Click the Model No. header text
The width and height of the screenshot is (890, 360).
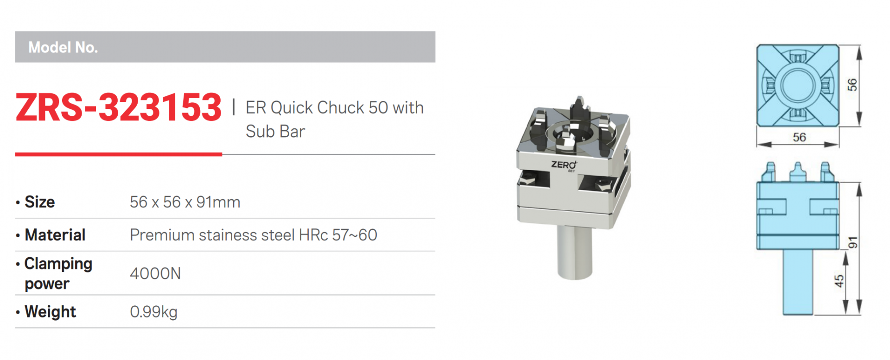(63, 47)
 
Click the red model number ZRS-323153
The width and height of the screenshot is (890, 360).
(119, 107)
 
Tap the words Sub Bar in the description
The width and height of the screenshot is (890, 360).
(275, 132)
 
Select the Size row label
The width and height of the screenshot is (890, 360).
(39, 202)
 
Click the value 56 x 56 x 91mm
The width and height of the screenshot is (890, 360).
(185, 202)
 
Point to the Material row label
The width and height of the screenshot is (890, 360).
(55, 235)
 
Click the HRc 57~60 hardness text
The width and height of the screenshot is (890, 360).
(338, 235)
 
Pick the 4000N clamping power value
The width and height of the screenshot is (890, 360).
(155, 273)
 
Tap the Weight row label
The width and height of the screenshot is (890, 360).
(50, 312)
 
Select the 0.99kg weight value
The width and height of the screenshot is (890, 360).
(153, 312)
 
